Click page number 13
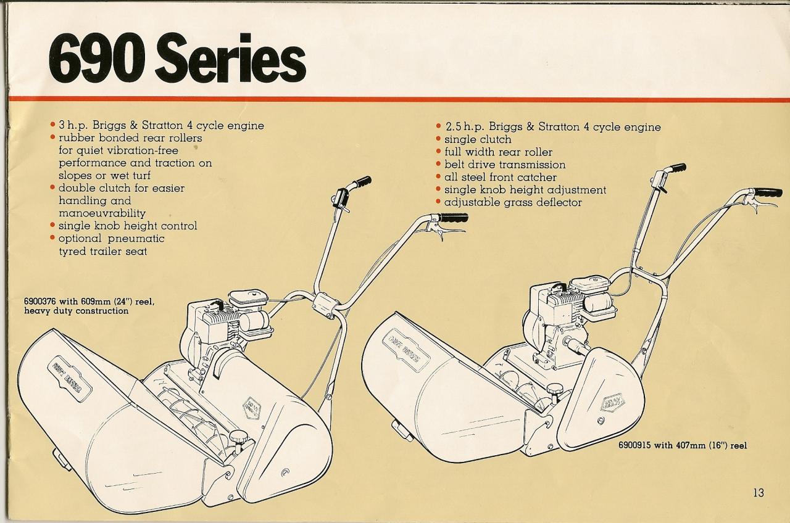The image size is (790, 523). coord(759,492)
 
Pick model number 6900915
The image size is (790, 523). coord(638,445)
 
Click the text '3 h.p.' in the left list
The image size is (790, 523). coord(73,126)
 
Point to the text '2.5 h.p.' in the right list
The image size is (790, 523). coord(464,128)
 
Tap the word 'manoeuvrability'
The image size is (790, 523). coord(102,213)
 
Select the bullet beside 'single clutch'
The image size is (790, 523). coord(438,140)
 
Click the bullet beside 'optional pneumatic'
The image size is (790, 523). coord(53,238)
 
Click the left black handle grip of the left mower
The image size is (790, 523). coord(362,182)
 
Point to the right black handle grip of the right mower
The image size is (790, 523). coord(768,193)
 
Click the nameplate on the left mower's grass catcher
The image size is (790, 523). coord(69,379)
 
